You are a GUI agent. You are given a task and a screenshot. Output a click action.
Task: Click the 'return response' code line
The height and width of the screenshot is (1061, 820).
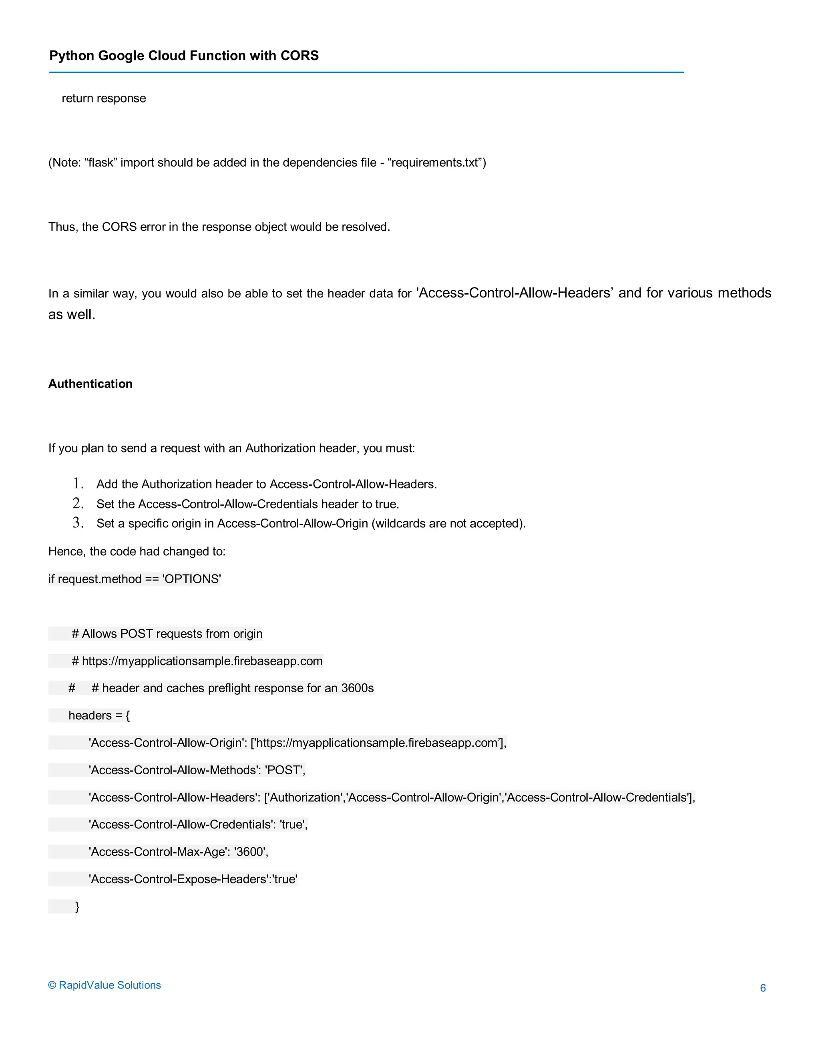click(x=103, y=98)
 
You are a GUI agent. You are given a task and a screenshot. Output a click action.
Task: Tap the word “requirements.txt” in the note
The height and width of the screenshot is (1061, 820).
click(x=434, y=163)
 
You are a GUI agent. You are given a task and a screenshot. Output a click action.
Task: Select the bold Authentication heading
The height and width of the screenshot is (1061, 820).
click(x=90, y=384)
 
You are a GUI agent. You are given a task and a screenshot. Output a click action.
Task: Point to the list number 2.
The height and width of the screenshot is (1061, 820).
click(x=78, y=503)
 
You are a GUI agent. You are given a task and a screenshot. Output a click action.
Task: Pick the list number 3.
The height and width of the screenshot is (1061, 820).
click(x=78, y=523)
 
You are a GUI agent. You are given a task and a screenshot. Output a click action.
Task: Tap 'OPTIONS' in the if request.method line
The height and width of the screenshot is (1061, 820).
click(x=191, y=579)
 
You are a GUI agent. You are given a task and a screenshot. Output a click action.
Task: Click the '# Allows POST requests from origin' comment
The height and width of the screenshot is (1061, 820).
click(x=167, y=634)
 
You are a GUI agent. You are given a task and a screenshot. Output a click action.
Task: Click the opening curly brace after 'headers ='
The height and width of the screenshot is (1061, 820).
click(x=128, y=715)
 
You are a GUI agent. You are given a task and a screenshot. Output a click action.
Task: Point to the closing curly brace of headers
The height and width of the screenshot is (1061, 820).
click(x=77, y=906)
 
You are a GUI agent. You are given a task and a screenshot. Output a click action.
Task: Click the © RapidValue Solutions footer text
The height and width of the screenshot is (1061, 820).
click(x=105, y=985)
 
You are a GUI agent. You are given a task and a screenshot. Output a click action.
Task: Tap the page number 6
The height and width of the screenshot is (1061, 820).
click(x=763, y=988)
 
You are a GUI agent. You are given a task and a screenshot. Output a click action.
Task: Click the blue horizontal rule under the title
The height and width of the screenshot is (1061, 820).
click(x=366, y=72)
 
